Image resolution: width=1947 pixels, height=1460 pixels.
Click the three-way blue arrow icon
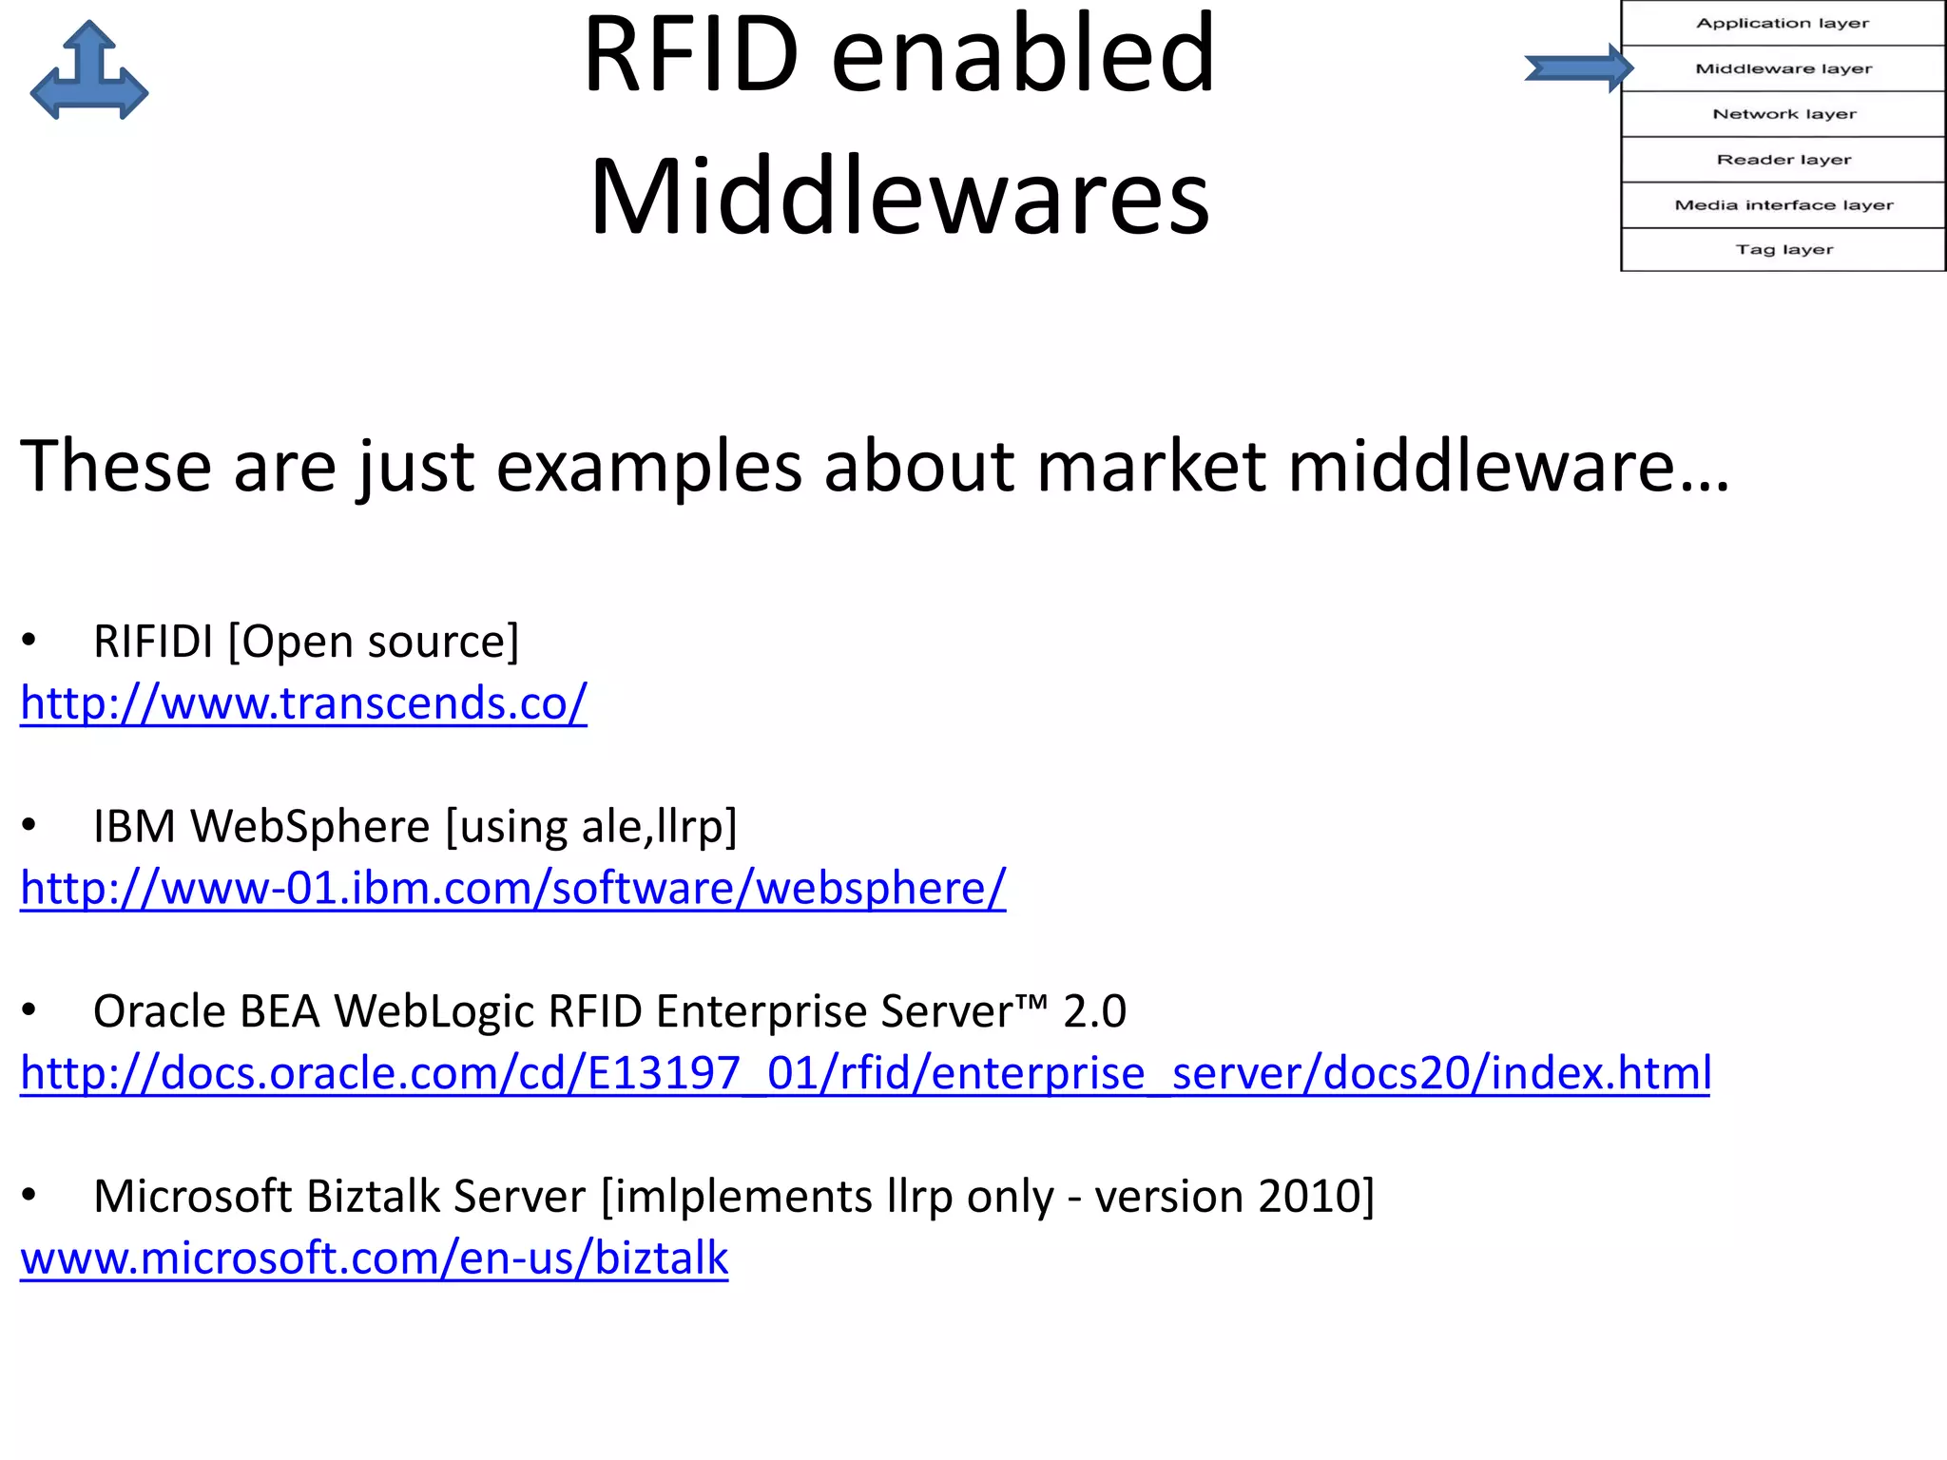(x=89, y=72)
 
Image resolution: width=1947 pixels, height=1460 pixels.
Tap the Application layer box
(x=1783, y=23)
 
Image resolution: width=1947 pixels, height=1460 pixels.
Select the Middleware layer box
(x=1783, y=68)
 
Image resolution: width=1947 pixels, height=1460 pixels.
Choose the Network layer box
(x=1783, y=114)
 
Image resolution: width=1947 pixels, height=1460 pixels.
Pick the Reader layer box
(x=1783, y=160)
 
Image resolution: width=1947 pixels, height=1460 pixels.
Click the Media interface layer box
(x=1783, y=205)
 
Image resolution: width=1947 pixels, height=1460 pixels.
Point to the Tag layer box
(x=1783, y=250)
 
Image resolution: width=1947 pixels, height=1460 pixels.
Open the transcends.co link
(x=303, y=703)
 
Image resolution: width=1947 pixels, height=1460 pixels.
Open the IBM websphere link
(x=512, y=888)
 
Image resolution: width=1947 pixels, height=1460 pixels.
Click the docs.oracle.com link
(x=865, y=1073)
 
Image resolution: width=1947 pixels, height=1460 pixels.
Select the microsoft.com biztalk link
(x=374, y=1258)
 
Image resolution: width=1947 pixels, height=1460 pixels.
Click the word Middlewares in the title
(x=899, y=197)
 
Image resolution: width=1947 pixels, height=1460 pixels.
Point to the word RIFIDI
(x=153, y=642)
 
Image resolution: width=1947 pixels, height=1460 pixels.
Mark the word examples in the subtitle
(x=648, y=467)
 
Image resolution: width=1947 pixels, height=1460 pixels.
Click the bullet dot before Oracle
(x=29, y=1010)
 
